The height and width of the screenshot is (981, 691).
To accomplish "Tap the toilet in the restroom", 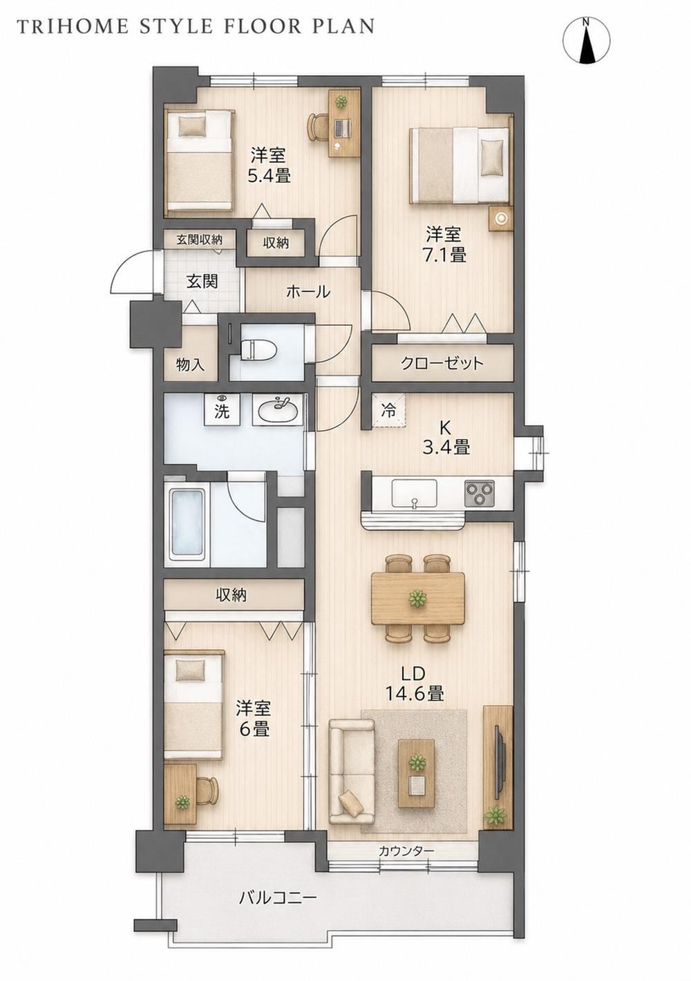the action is point(258,349).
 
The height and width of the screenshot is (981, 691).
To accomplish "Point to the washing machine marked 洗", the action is point(223,409).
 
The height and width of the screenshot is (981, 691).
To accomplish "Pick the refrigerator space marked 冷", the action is point(388,411).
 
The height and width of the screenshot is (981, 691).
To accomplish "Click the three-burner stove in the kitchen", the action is point(480,494).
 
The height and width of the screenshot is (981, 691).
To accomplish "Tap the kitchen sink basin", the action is point(415,494).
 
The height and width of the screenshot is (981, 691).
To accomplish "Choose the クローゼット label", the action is point(442,362).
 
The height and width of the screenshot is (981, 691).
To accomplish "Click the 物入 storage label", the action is point(190,364).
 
